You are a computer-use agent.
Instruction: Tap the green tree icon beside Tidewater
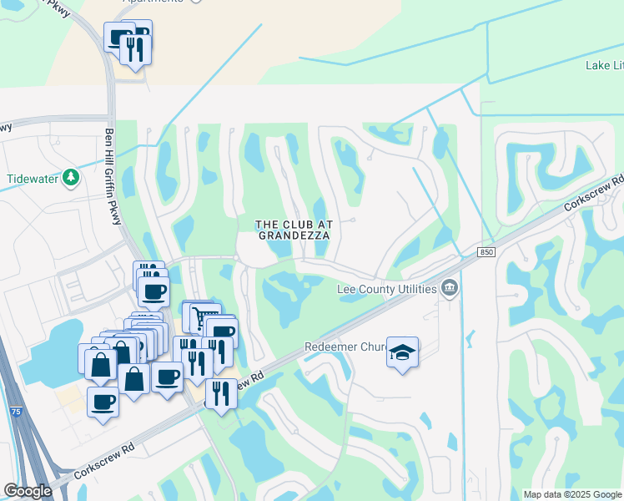72,177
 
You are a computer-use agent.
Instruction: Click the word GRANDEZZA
293,235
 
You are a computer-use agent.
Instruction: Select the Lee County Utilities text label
386,289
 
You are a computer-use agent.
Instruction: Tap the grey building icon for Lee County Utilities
450,289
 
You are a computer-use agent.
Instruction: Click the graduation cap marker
402,353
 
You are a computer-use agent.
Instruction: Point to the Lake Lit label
604,65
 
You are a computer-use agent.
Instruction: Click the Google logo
28,491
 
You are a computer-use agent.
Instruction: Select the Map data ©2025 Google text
572,494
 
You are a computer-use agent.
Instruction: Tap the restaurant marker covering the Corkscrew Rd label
221,392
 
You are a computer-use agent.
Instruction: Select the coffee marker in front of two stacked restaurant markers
153,292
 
